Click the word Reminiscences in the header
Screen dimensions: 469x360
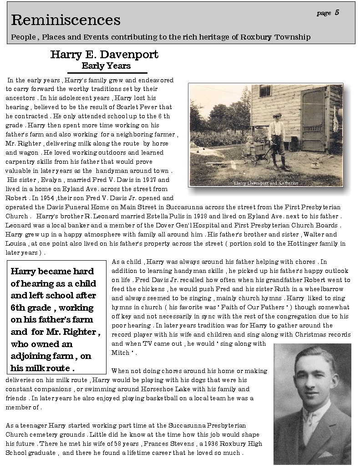[66, 20]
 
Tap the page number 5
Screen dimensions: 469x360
[337, 13]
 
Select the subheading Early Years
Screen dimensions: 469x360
[106, 66]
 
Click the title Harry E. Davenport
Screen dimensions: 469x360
[104, 55]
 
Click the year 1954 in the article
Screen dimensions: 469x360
[48, 198]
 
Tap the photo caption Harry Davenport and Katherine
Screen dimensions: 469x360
[266, 183]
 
